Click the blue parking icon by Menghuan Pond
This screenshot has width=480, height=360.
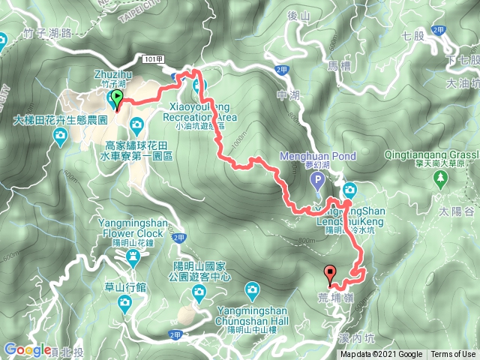click(x=317, y=180)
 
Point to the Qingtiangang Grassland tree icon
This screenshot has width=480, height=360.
click(x=441, y=177)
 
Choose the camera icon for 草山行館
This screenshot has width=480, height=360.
click(x=124, y=302)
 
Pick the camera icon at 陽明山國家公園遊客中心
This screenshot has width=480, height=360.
click(x=252, y=288)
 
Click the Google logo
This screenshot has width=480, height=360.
click(x=27, y=349)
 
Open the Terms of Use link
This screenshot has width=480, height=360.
click(x=452, y=355)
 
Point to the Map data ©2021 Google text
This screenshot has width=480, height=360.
click(x=381, y=355)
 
